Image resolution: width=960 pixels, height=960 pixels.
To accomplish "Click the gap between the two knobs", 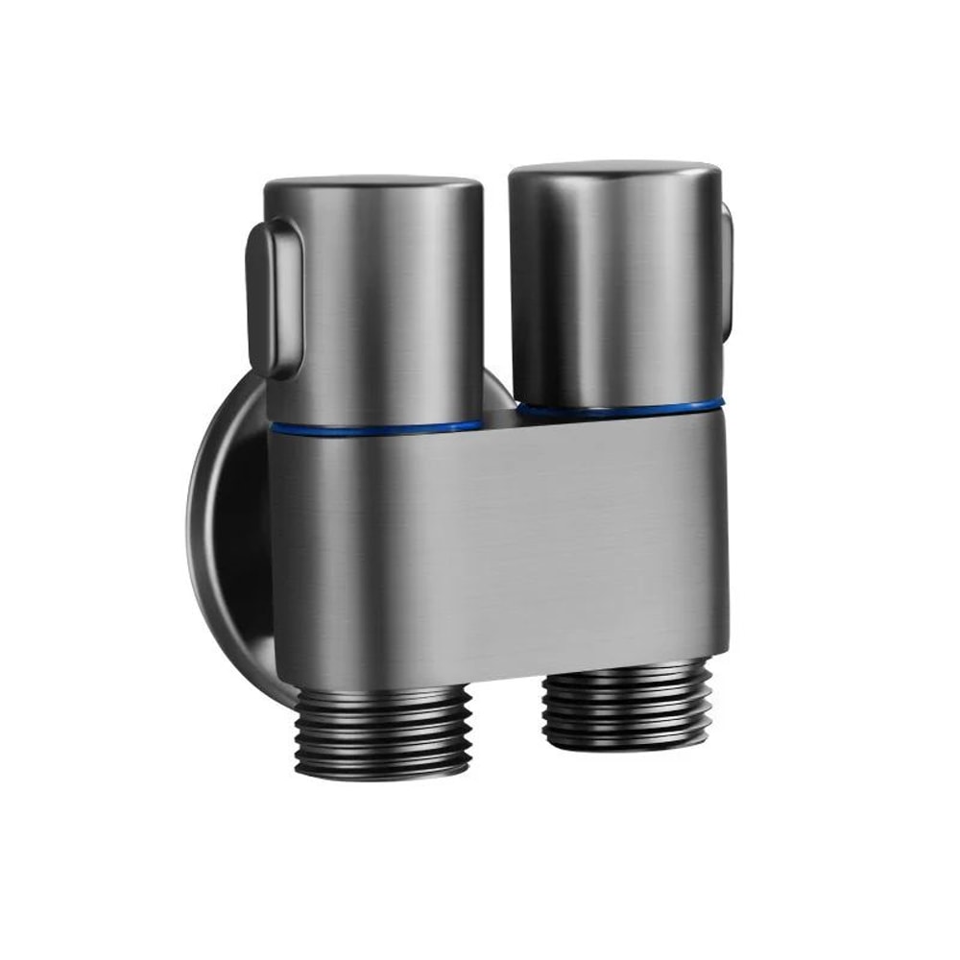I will coord(496,288).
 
